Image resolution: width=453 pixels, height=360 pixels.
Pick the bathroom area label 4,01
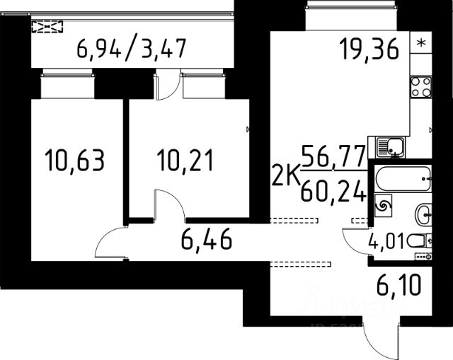(x=386, y=241)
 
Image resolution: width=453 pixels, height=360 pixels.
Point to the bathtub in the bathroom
(x=403, y=179)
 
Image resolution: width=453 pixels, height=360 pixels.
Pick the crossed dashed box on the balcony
(x=47, y=27)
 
